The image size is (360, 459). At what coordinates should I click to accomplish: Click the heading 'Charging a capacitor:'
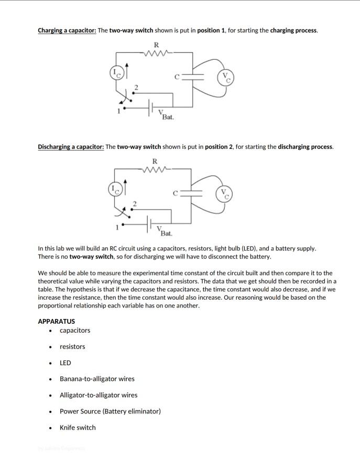(67, 30)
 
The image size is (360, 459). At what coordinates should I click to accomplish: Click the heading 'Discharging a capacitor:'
(71, 147)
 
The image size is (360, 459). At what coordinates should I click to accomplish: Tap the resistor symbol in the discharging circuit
(156, 169)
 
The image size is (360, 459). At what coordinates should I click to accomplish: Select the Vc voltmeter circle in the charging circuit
(225, 77)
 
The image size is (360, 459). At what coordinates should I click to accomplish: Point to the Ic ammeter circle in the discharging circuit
(115, 189)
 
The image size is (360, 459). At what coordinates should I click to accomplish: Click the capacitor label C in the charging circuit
(177, 77)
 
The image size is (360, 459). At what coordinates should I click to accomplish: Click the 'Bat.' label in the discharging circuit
(167, 233)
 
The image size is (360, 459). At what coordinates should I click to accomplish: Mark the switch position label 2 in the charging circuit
(136, 88)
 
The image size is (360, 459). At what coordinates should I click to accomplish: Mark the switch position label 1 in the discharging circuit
(117, 227)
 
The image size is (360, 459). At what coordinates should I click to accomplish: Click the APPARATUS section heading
(56, 321)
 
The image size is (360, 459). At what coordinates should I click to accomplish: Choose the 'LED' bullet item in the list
(66, 363)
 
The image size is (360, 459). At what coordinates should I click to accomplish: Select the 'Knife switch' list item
(78, 428)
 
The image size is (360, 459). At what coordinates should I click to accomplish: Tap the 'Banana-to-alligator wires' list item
(97, 379)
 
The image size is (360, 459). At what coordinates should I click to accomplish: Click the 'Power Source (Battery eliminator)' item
(110, 411)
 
